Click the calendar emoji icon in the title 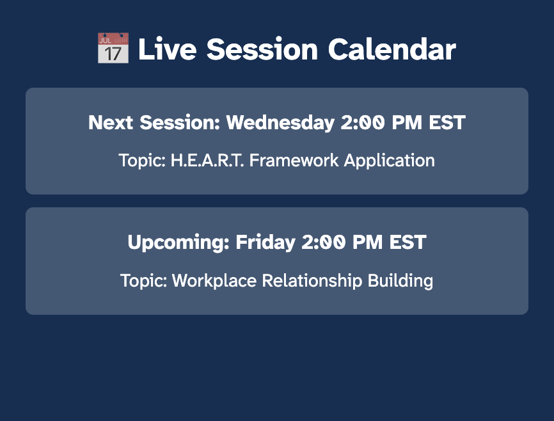pyautogui.click(x=113, y=48)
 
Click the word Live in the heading pyautogui.click(x=167, y=49)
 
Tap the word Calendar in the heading pyautogui.click(x=392, y=49)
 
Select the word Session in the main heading pyautogui.click(x=262, y=49)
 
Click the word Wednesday pyautogui.click(x=280, y=123)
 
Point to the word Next pyautogui.click(x=111, y=123)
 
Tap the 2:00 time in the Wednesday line pyautogui.click(x=362, y=123)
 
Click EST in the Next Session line pyautogui.click(x=447, y=123)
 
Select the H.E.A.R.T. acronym pyautogui.click(x=207, y=160)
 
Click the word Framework pyautogui.click(x=294, y=160)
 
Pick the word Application pyautogui.click(x=390, y=161)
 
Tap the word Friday pyautogui.click(x=265, y=243)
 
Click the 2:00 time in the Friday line pyautogui.click(x=323, y=242)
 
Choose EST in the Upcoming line pyautogui.click(x=408, y=242)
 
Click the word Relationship pyautogui.click(x=312, y=282)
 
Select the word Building pyautogui.click(x=400, y=282)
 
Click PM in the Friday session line pyautogui.click(x=367, y=242)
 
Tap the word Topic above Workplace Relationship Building pyautogui.click(x=143, y=282)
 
